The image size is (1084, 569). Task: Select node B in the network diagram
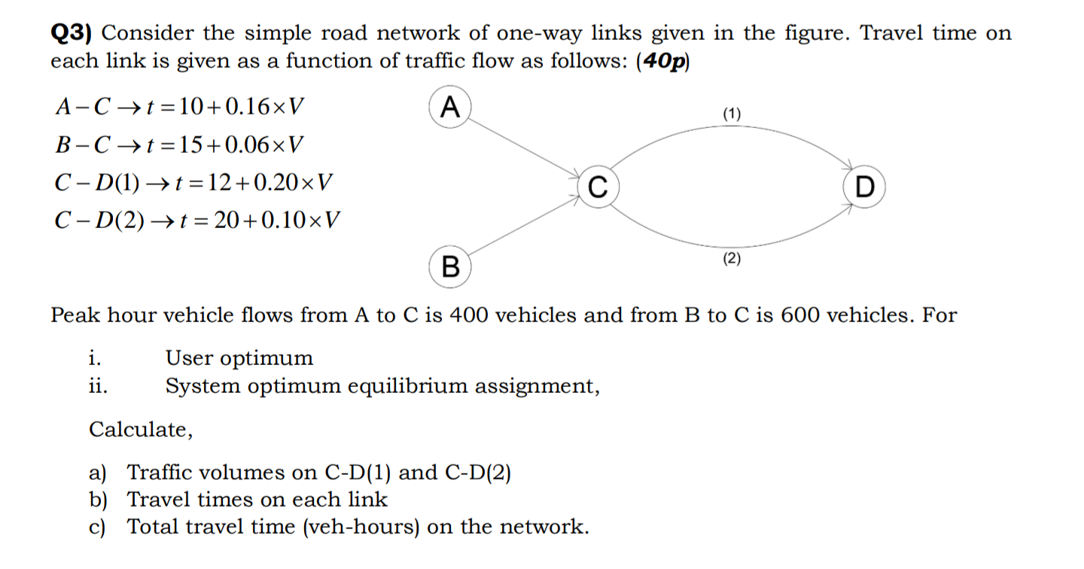click(449, 266)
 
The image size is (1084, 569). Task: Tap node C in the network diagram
click(597, 186)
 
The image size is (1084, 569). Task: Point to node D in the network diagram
click(865, 186)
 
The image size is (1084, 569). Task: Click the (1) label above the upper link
click(732, 114)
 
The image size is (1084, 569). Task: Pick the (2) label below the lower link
click(732, 259)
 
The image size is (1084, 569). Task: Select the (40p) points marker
click(662, 62)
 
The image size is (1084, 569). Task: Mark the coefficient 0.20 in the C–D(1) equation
click(277, 182)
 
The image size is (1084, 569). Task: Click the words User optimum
click(239, 358)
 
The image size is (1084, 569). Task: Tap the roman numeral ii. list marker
click(97, 387)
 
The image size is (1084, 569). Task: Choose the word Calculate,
click(141, 430)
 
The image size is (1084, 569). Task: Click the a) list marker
click(98, 473)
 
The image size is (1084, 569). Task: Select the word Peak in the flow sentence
click(75, 315)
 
